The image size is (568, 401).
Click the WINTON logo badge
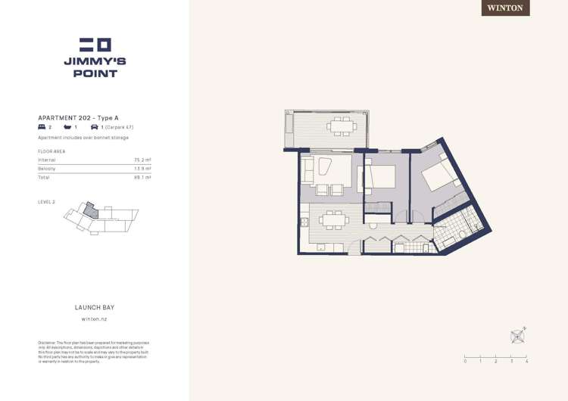click(x=505, y=8)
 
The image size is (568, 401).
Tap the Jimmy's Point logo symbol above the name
click(x=95, y=45)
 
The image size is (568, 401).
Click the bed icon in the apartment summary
click(x=42, y=128)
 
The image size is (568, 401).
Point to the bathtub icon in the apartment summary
click(x=67, y=128)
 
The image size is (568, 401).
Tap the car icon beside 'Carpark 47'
click(x=94, y=128)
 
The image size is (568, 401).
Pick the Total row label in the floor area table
click(x=44, y=177)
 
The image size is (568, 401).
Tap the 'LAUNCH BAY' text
click(x=94, y=308)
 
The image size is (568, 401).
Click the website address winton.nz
click(x=94, y=320)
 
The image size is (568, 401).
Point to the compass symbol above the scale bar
click(x=518, y=335)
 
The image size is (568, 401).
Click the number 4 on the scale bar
click(x=527, y=362)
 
